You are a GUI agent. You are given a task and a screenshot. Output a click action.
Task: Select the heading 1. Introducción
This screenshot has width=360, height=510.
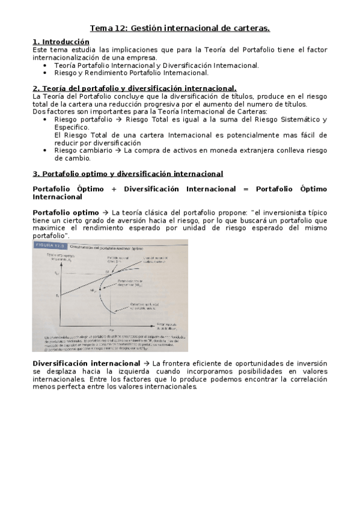(61, 41)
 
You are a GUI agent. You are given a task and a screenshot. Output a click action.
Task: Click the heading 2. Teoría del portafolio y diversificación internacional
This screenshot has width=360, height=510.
(135, 88)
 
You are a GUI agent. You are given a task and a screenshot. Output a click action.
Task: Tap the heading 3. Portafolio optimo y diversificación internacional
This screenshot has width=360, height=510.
(128, 174)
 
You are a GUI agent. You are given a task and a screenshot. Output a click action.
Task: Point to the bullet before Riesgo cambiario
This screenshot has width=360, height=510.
(46, 151)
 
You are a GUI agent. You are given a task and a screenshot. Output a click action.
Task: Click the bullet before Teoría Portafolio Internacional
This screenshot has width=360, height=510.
(46, 66)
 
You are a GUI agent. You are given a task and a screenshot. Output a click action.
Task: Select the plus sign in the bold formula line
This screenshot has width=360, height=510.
(114, 189)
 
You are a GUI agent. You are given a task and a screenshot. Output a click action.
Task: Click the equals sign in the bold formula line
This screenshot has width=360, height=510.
(246, 189)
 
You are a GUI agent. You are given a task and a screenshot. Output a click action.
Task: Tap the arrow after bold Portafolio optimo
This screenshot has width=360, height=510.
(105, 212)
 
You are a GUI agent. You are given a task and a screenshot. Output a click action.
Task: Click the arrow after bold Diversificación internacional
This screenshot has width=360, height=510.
(147, 363)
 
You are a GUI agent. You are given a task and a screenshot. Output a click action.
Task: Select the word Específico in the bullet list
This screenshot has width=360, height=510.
(72, 127)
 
